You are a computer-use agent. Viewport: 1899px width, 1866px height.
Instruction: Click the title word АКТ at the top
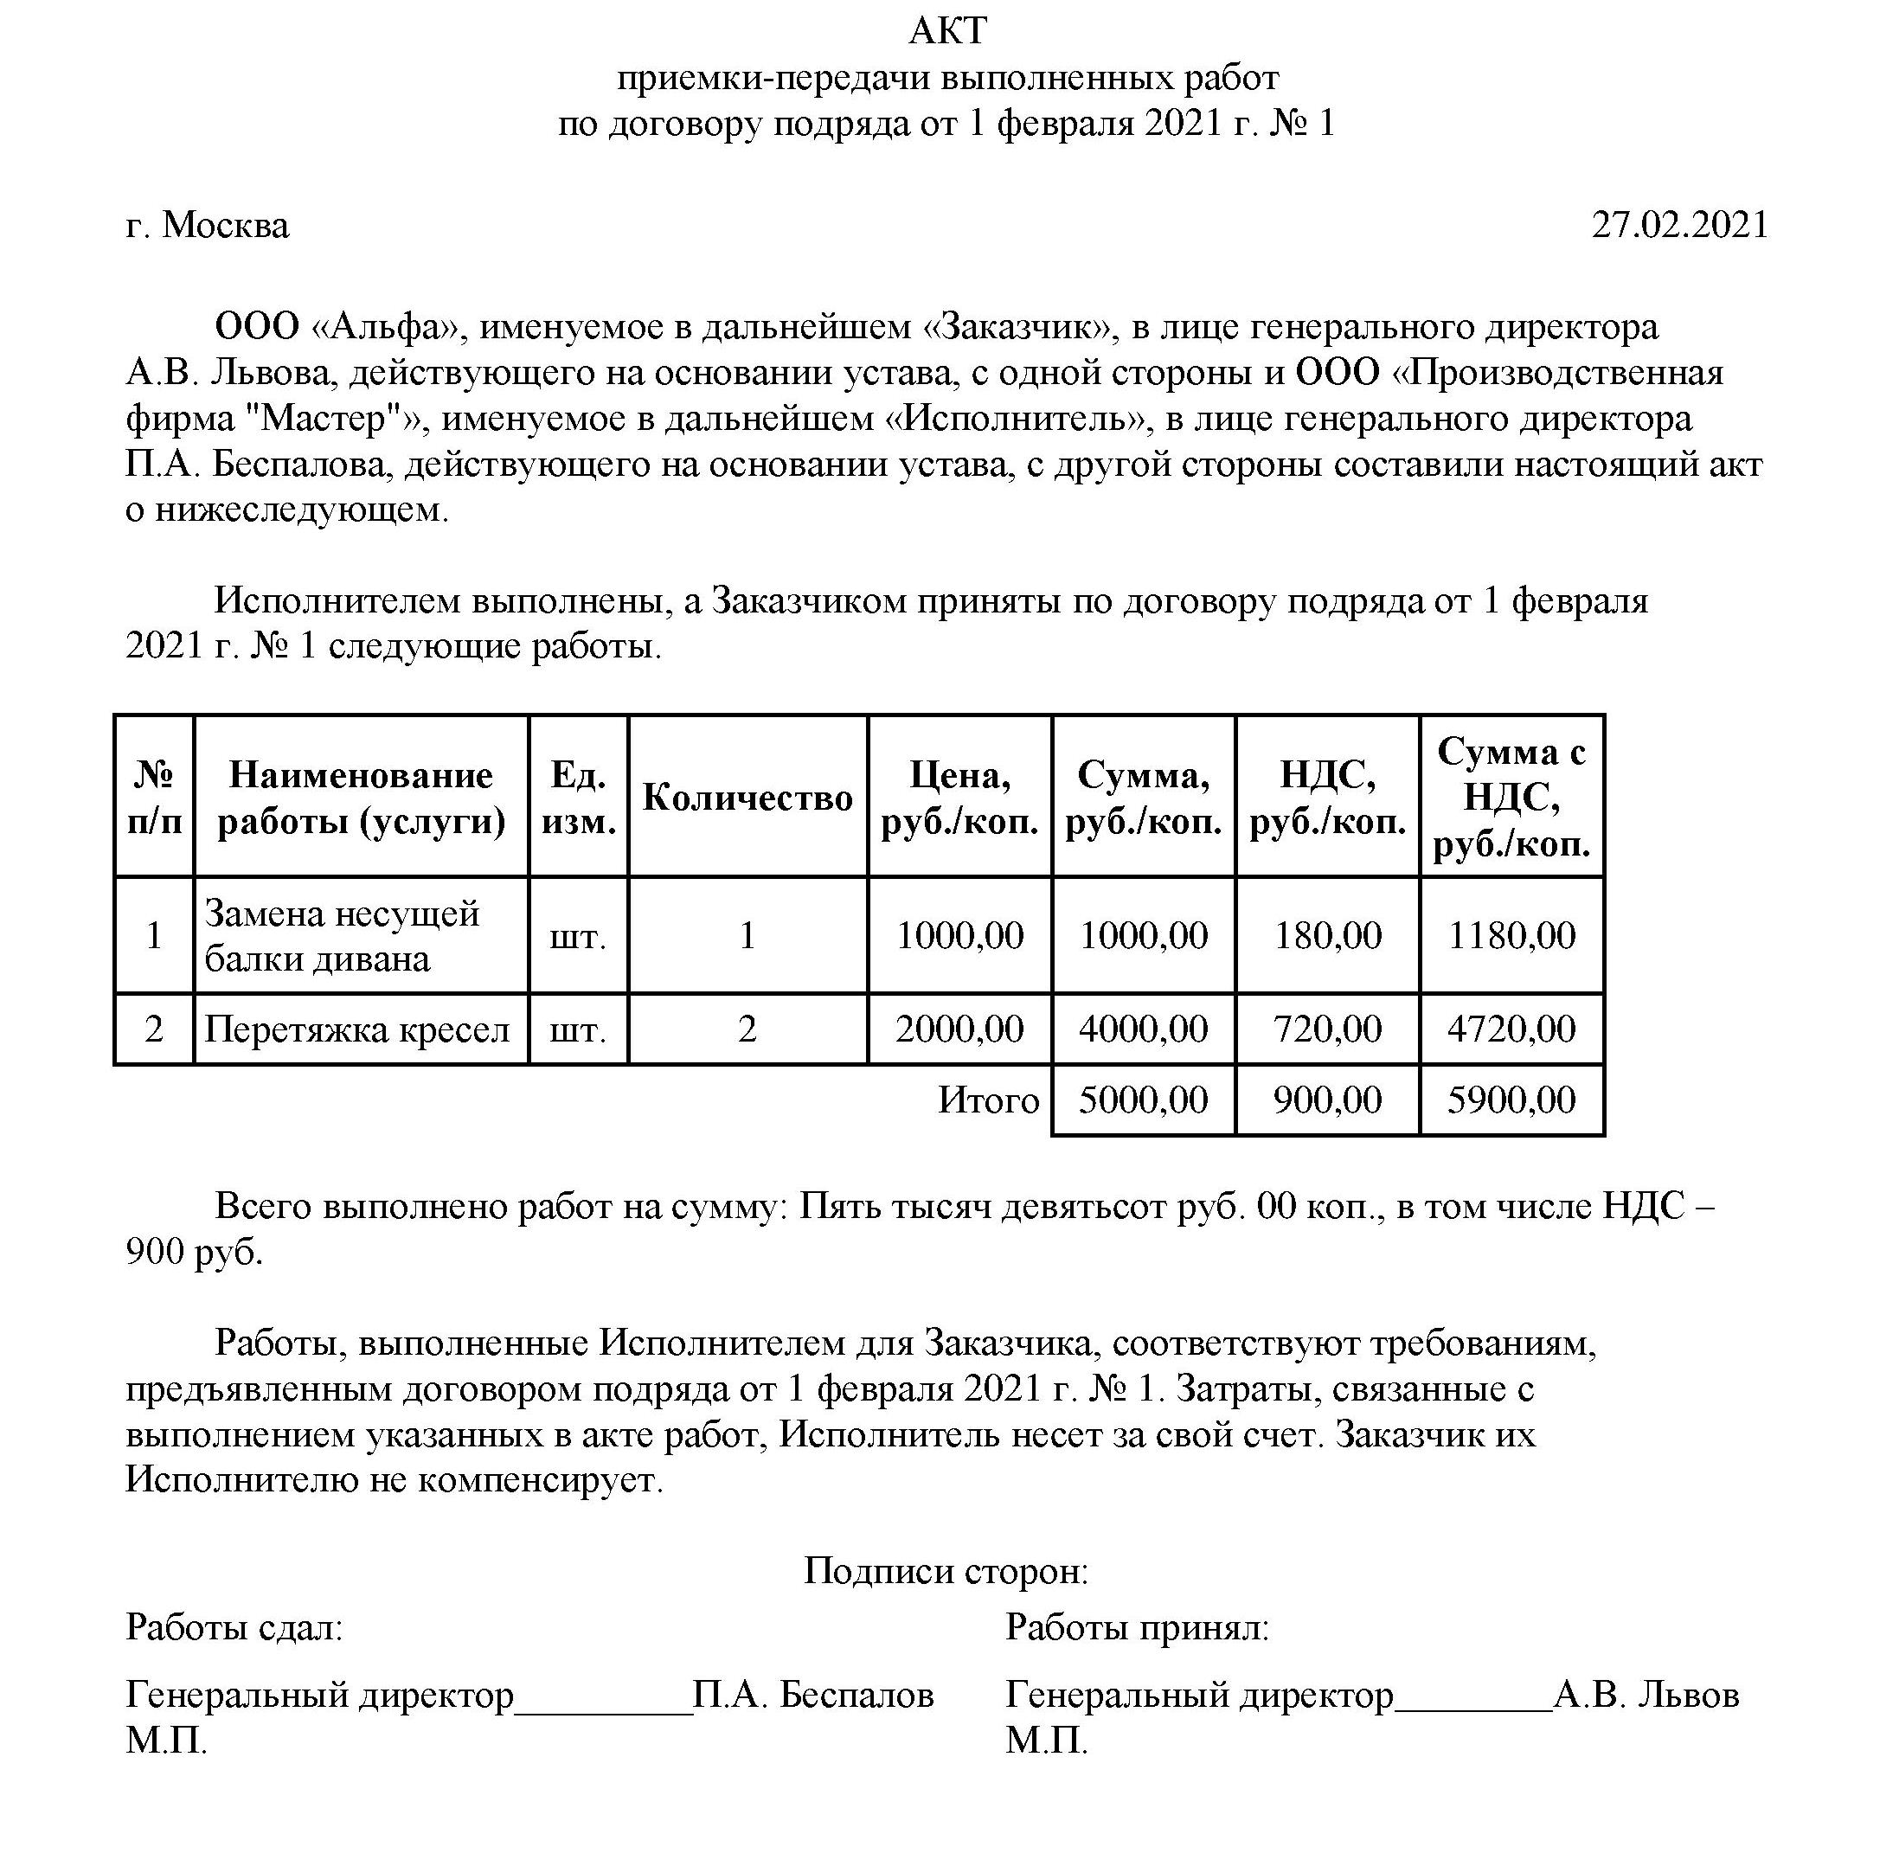click(947, 31)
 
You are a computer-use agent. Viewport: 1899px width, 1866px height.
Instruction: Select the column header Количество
click(747, 798)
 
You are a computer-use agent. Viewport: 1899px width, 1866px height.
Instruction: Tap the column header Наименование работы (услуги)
click(361, 798)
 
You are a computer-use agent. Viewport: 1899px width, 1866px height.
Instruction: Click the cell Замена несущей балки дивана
click(341, 935)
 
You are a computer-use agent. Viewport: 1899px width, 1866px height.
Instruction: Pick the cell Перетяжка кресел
click(356, 1029)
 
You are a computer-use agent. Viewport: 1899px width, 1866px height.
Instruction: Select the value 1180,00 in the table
click(1511, 935)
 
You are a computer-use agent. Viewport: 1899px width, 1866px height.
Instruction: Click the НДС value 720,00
click(1327, 1029)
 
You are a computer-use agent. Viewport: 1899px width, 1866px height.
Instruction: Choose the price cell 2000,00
click(959, 1029)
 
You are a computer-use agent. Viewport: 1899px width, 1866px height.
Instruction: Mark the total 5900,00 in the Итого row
click(1511, 1100)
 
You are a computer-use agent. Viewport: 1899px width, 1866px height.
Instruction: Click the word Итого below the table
click(988, 1100)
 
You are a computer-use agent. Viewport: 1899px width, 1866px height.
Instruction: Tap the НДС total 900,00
click(1327, 1100)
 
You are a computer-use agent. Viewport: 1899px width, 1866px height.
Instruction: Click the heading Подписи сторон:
click(946, 1571)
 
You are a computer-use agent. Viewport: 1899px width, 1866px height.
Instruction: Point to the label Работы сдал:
click(234, 1628)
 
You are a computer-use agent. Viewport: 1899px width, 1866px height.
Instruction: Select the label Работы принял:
click(1137, 1628)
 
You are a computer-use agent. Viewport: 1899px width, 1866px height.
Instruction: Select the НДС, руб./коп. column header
click(1327, 798)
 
